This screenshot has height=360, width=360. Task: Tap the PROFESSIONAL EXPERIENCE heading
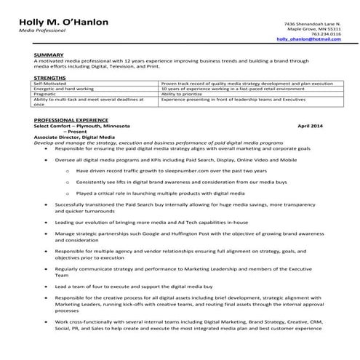point(71,120)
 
